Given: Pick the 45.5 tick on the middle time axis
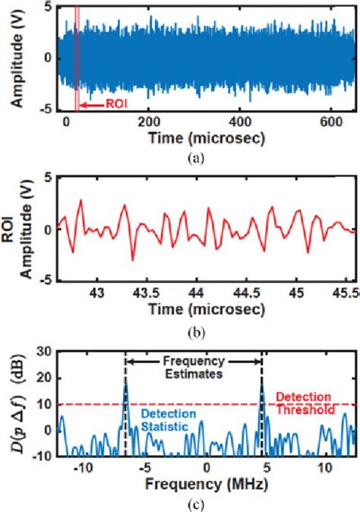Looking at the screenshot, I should pyautogui.click(x=346, y=292).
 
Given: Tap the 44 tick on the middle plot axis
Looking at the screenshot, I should pyautogui.click(x=197, y=292).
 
